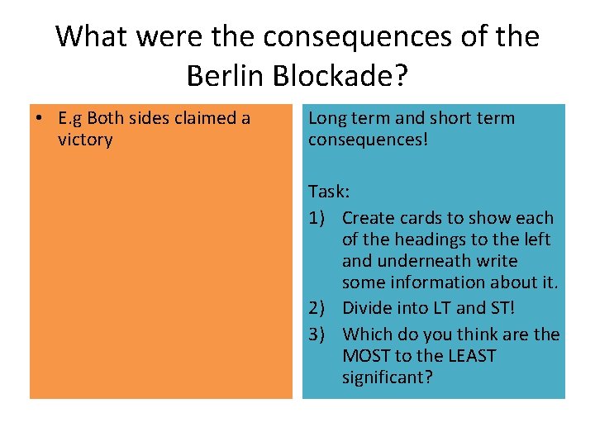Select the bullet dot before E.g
39,118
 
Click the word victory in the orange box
85,140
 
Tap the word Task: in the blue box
329,192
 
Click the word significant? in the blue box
388,377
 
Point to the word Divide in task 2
367,308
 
